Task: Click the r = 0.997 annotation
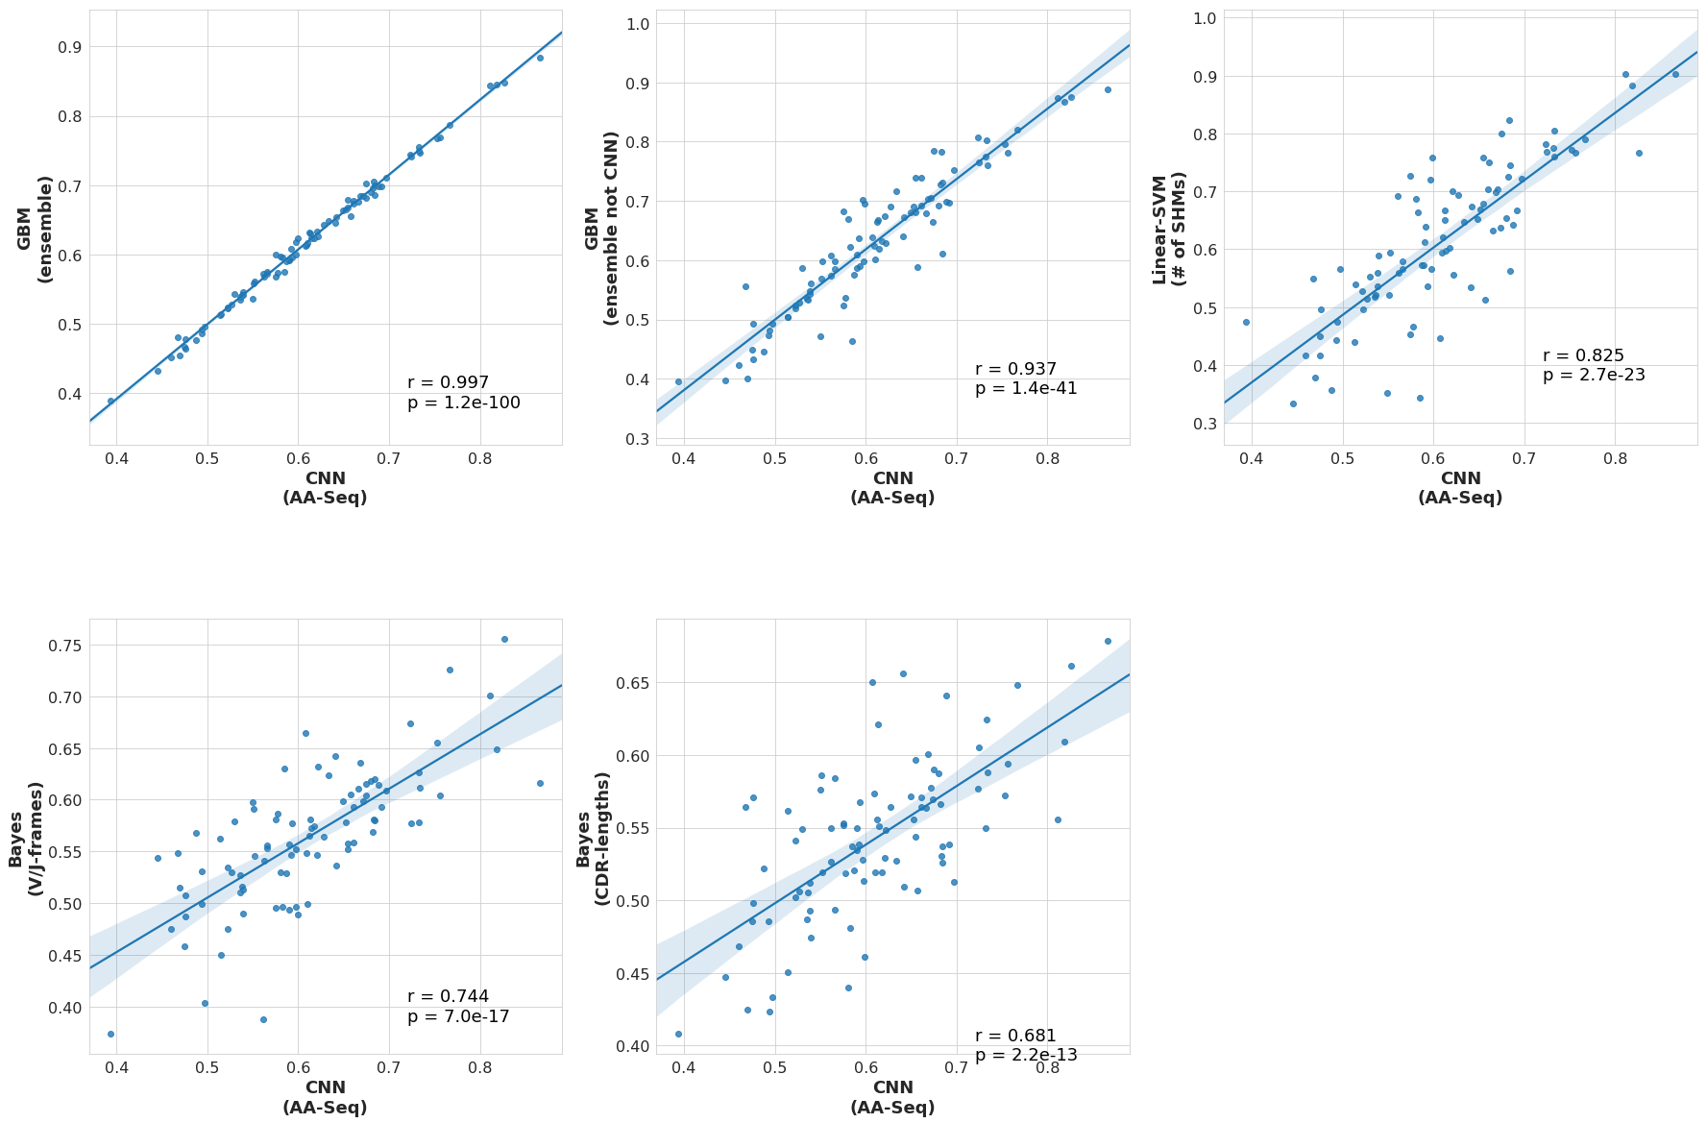tap(448, 382)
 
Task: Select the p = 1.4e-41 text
tap(1026, 389)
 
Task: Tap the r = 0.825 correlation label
tap(1583, 355)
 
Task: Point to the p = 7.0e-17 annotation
tap(458, 1017)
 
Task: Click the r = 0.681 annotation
tap(1015, 1036)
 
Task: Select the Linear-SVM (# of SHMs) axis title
tap(1169, 229)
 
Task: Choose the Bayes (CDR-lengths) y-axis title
tap(593, 838)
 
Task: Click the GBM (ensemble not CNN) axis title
tap(601, 228)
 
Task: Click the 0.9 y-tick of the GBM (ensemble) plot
tap(70, 47)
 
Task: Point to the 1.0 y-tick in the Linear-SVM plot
tap(1206, 18)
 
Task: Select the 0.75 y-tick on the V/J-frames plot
tap(65, 646)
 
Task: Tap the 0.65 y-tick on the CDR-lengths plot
tap(633, 683)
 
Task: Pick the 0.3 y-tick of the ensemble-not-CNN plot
tap(638, 439)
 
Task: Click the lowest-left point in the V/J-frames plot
tap(110, 1034)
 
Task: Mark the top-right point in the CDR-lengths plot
tap(1108, 641)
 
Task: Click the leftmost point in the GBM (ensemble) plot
tap(110, 401)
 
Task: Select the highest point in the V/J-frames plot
tap(504, 639)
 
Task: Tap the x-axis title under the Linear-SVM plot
tap(1460, 488)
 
